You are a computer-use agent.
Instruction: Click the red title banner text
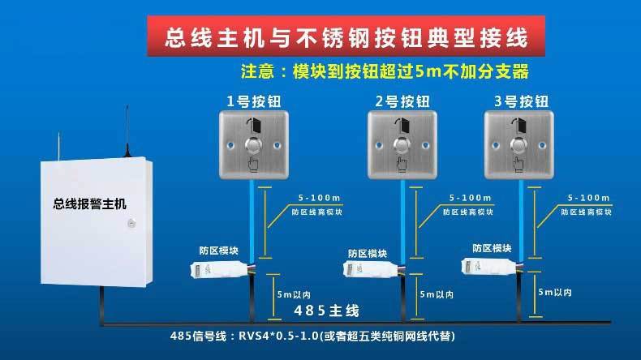pyautogui.click(x=346, y=37)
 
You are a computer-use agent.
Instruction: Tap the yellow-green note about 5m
pyautogui.click(x=385, y=71)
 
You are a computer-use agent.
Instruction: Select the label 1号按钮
pyautogui.click(x=254, y=101)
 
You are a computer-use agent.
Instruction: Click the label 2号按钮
pyautogui.click(x=402, y=101)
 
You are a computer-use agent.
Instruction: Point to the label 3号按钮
pyautogui.click(x=521, y=101)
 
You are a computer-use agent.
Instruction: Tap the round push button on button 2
pyautogui.click(x=402, y=146)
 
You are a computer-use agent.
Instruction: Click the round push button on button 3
pyautogui.click(x=518, y=146)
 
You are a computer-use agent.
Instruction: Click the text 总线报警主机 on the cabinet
pyautogui.click(x=89, y=204)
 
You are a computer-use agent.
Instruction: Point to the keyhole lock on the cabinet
pyautogui.click(x=131, y=223)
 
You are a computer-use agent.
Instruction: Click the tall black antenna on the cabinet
pyautogui.click(x=127, y=131)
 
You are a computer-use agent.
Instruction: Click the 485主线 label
pyautogui.click(x=326, y=311)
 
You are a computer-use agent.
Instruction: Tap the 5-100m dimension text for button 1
pyautogui.click(x=319, y=198)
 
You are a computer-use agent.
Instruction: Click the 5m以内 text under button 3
pyautogui.click(x=555, y=292)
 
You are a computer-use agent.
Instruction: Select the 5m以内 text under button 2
pyautogui.click(x=437, y=294)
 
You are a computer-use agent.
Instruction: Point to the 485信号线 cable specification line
pyautogui.click(x=312, y=336)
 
